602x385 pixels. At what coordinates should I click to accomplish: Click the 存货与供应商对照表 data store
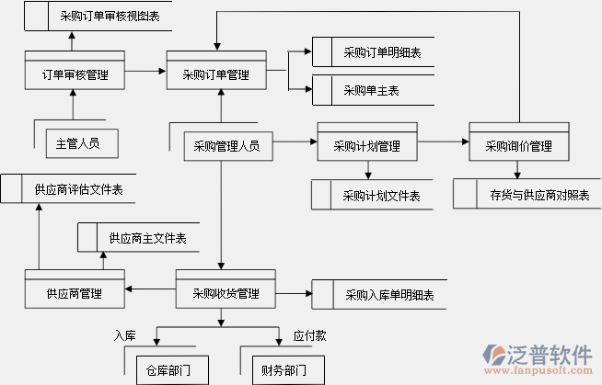click(527, 194)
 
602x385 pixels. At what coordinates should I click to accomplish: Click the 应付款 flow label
click(308, 336)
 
